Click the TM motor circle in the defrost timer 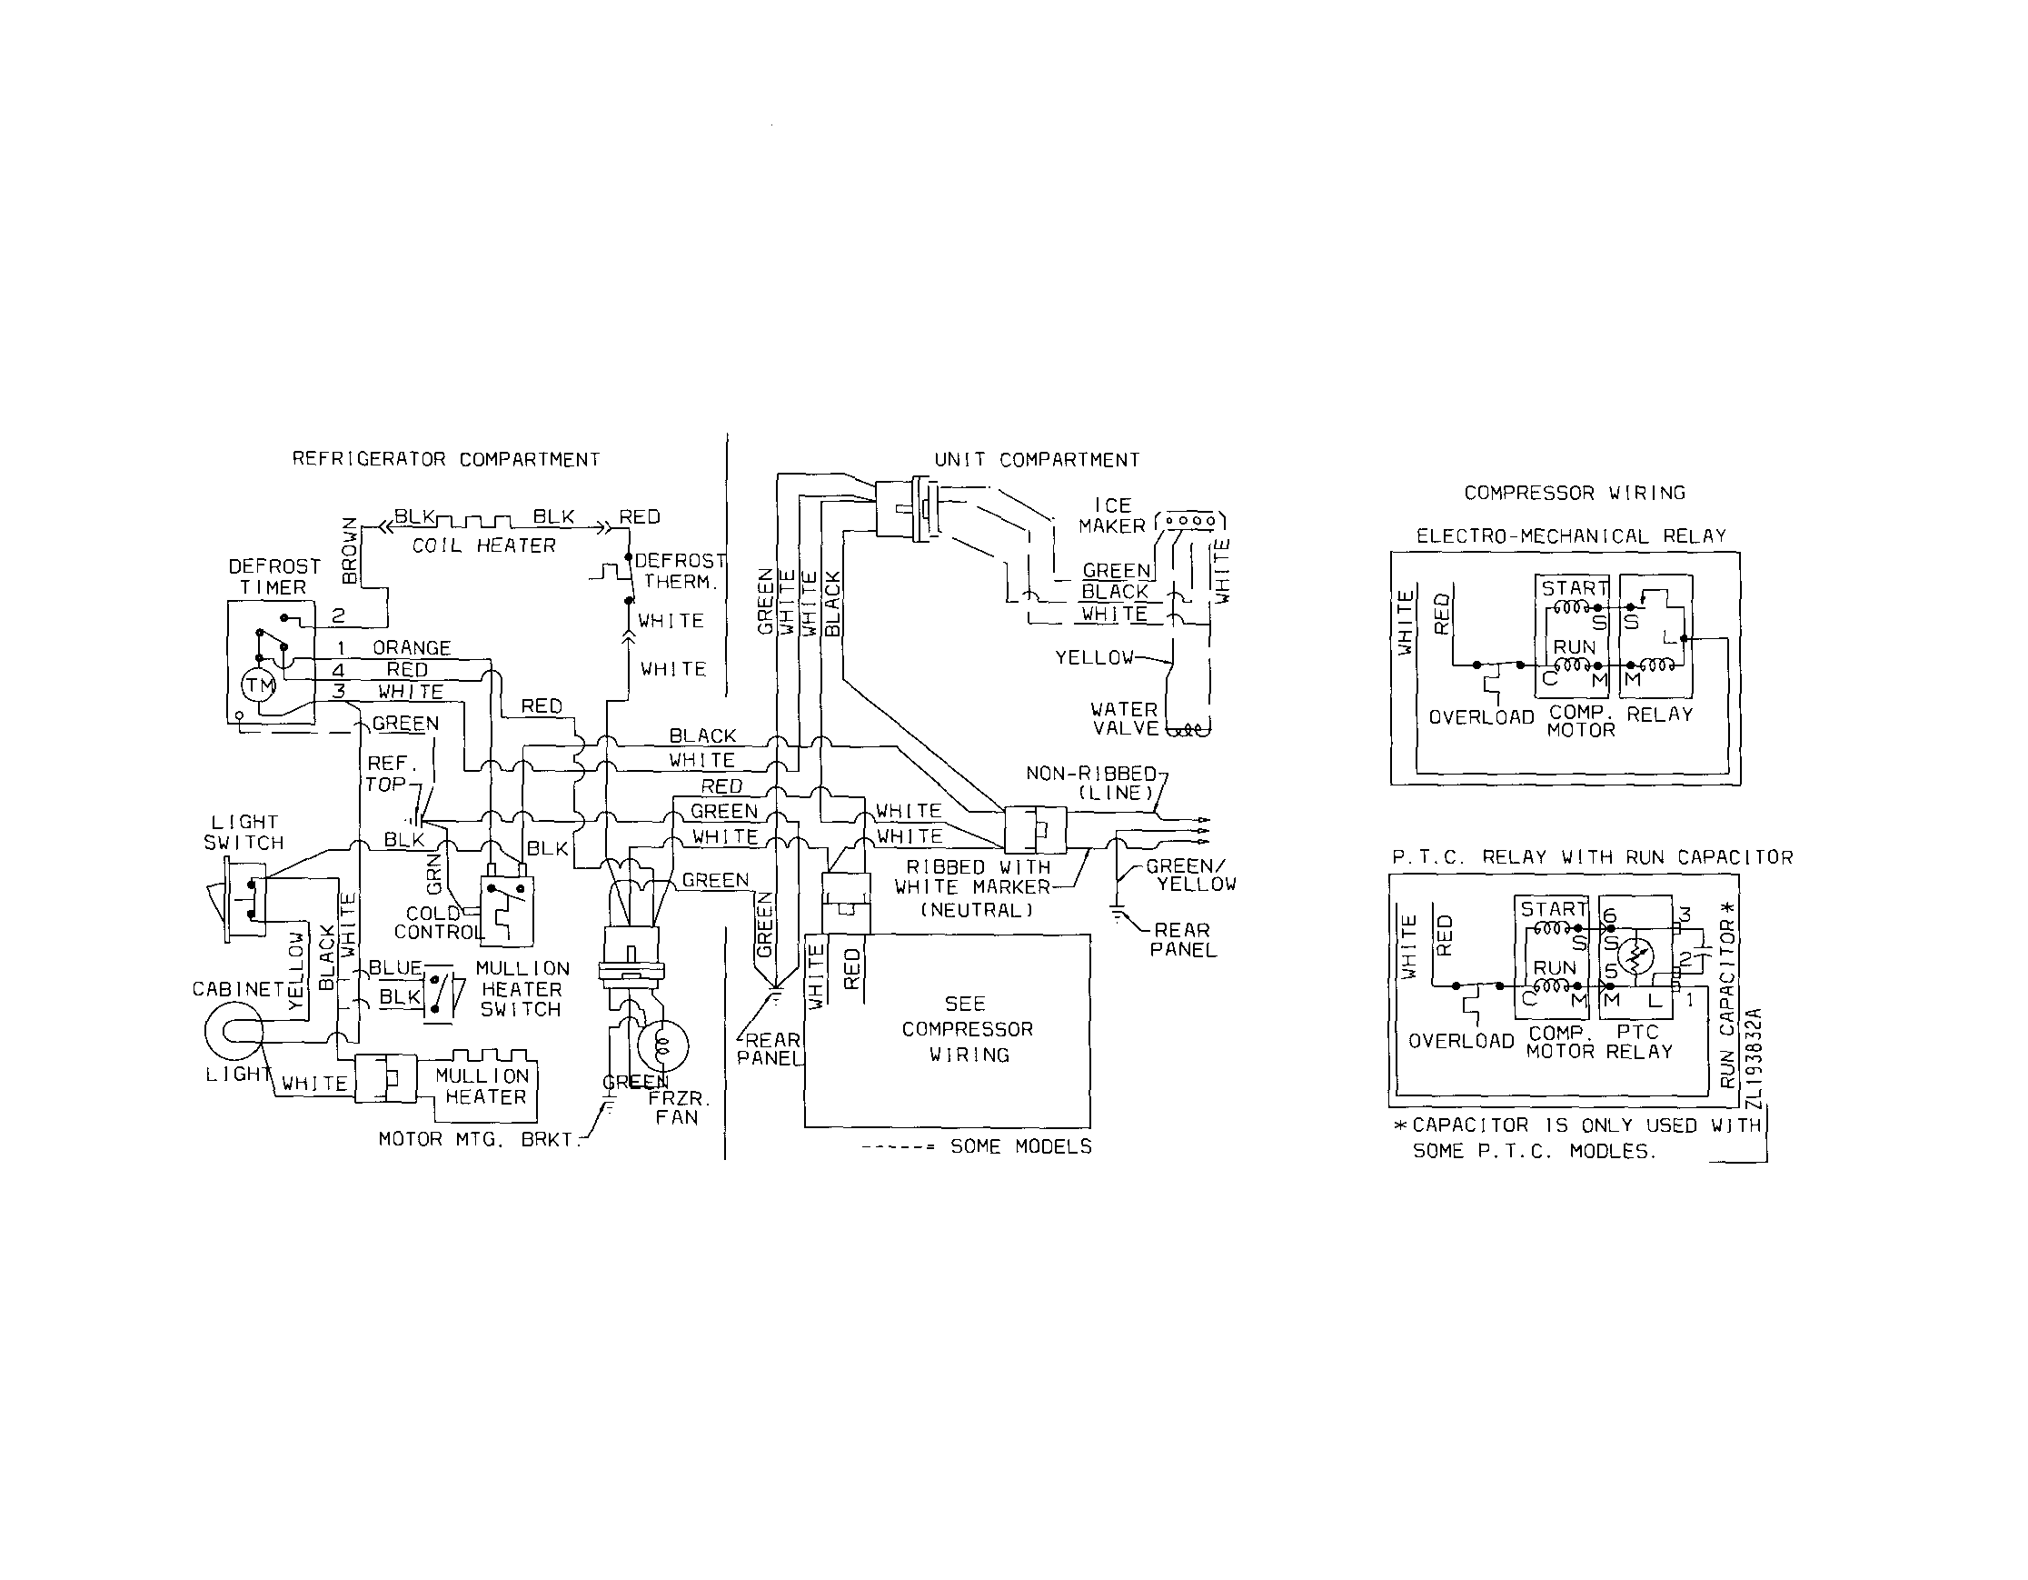[x=259, y=685]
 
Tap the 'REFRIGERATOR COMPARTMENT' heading [x=446, y=459]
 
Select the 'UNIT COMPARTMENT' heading [x=1037, y=460]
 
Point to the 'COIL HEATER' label [x=483, y=545]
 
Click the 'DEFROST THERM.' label [x=679, y=571]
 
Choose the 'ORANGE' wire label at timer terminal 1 [x=412, y=647]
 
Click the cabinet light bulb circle [x=234, y=1031]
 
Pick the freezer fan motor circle [x=663, y=1045]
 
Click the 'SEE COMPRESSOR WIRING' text [x=967, y=1029]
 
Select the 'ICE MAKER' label [x=1111, y=515]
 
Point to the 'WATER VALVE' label [x=1125, y=719]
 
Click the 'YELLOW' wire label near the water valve [x=1094, y=657]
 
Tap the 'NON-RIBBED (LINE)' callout [x=1091, y=783]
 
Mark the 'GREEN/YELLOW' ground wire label [x=1190, y=875]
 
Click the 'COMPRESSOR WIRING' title [x=1574, y=494]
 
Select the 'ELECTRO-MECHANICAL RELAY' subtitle [x=1570, y=536]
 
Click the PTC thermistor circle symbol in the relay [x=1636, y=955]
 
